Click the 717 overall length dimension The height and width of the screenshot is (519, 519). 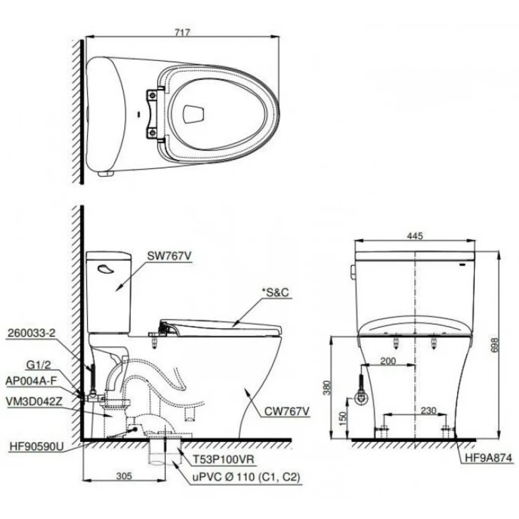(182, 32)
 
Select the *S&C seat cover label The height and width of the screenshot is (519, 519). (275, 292)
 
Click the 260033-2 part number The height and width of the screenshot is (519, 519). (31, 333)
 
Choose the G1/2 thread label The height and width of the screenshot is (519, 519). (39, 366)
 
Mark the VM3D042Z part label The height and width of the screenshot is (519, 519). (34, 401)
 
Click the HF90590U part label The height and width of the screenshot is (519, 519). (36, 447)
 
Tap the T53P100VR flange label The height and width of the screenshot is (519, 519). (223, 460)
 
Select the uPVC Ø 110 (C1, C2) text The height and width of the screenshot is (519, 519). (245, 477)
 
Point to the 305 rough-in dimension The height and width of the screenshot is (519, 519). (123, 476)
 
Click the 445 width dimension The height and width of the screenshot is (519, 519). (414, 236)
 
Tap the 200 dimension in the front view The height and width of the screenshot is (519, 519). (388, 361)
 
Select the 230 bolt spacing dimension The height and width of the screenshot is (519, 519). (429, 410)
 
